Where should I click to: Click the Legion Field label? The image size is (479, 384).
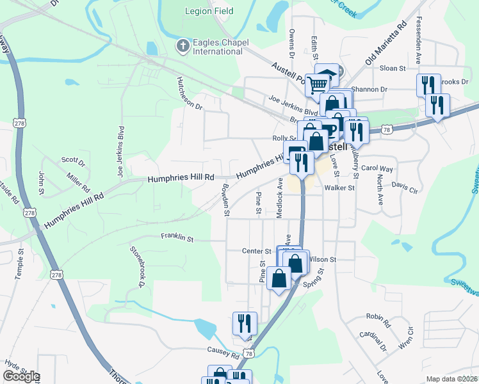[209, 11]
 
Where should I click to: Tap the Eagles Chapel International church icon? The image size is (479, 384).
[183, 45]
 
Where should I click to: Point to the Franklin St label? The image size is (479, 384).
[177, 237]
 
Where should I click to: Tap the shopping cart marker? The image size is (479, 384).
[317, 84]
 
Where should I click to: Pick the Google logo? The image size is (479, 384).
[21, 376]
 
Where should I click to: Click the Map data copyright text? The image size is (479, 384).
[452, 379]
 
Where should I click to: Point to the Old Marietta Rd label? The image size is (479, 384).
[386, 44]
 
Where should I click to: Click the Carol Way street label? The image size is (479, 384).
[377, 168]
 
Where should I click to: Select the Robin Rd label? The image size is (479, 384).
[378, 319]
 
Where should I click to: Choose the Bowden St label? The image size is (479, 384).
[225, 201]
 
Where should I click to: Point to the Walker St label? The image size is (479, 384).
[339, 188]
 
